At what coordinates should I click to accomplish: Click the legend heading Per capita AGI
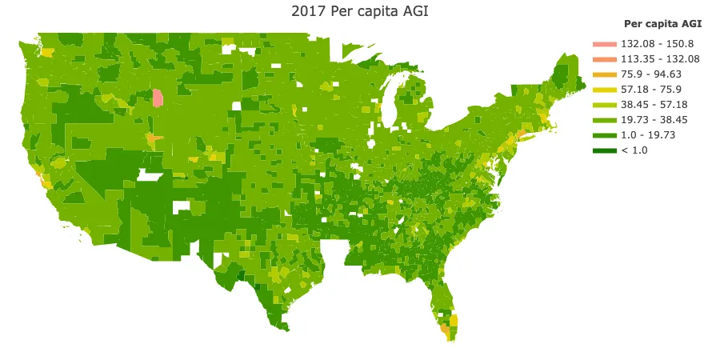tap(662, 24)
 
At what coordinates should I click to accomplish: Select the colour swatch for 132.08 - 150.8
tap(605, 44)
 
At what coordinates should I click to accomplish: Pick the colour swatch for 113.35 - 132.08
tap(605, 59)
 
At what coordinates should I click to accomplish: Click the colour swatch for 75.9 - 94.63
tap(605, 74)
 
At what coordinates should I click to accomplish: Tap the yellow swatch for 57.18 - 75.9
tap(605, 90)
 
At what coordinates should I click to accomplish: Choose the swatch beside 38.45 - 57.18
tap(605, 105)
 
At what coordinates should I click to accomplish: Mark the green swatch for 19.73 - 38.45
tap(605, 120)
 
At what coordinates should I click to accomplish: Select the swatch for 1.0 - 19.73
tap(605, 135)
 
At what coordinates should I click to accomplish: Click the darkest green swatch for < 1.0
tap(605, 150)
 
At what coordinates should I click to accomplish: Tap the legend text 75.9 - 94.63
tap(651, 74)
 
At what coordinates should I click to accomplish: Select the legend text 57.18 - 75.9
tap(651, 90)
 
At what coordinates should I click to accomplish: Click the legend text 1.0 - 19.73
tap(648, 135)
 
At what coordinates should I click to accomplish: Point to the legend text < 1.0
tap(634, 150)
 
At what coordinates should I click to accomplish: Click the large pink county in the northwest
tap(158, 98)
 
